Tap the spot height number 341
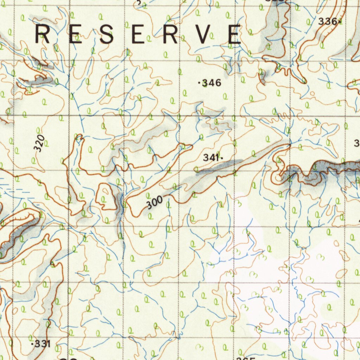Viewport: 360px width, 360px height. [211, 158]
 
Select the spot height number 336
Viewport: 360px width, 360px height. [327, 21]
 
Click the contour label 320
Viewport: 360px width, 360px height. [40, 143]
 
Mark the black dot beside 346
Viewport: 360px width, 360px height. [200, 83]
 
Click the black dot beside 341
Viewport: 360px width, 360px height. [222, 159]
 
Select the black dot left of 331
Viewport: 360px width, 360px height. [32, 344]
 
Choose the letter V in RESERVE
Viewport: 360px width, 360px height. [205, 34]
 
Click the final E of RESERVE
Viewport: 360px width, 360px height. [234, 34]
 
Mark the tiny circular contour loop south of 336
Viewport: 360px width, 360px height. [312, 94]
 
